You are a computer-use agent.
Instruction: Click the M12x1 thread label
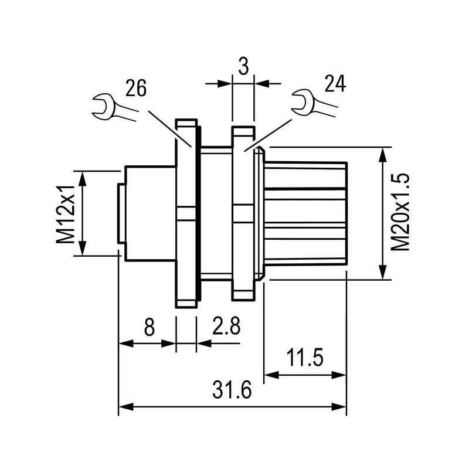tap(66, 212)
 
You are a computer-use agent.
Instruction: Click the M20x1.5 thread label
tap(401, 212)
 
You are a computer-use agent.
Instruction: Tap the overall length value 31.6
tap(232, 390)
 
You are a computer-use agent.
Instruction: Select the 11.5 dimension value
tap(305, 358)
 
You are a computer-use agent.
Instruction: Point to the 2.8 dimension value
tap(226, 326)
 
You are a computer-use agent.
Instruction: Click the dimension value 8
tap(149, 326)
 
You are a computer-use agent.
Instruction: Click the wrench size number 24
tap(334, 83)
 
